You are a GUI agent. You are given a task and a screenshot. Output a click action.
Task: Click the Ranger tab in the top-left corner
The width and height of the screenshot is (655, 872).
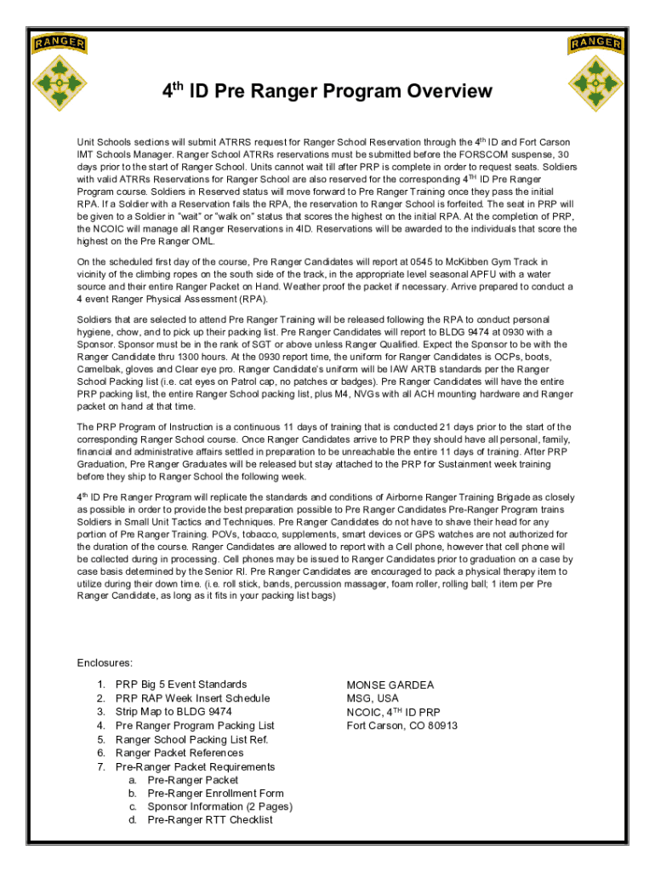(x=59, y=43)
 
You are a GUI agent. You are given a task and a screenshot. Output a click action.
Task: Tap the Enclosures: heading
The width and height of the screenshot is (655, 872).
(x=105, y=663)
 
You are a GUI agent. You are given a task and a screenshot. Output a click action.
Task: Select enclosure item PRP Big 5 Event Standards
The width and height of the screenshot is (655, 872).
(x=181, y=685)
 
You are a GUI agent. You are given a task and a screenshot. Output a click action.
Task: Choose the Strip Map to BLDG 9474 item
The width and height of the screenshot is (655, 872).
(x=174, y=712)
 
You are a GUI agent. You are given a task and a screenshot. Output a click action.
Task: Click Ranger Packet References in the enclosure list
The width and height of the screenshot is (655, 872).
(x=179, y=753)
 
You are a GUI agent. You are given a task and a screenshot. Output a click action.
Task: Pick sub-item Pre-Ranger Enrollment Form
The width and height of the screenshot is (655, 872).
(x=215, y=794)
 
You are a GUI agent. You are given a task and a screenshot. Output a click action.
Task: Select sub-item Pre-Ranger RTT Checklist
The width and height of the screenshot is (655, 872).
(x=210, y=820)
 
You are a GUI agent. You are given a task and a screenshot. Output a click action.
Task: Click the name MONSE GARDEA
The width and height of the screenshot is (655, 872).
(x=390, y=685)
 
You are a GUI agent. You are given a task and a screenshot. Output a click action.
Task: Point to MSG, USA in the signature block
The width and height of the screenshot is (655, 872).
(x=373, y=698)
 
